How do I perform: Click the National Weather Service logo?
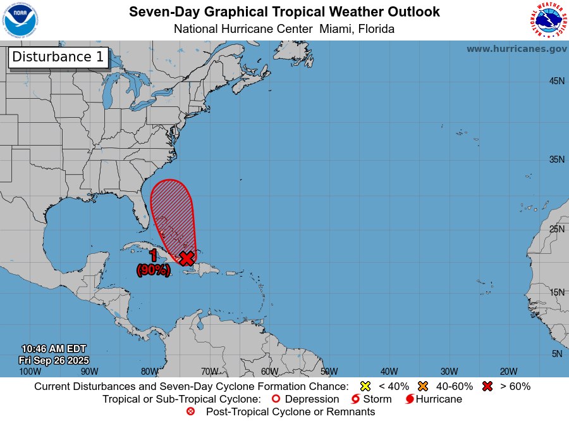[x=548, y=20]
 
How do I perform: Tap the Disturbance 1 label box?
[x=58, y=57]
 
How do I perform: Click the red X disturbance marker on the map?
[x=187, y=258]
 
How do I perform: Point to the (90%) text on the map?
[x=153, y=270]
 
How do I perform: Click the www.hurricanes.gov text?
[x=517, y=49]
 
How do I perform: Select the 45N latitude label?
[x=556, y=81]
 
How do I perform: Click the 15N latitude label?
[x=556, y=292]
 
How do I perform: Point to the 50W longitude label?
[x=329, y=372]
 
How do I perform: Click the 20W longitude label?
[x=509, y=372]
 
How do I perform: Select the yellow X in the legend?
[x=365, y=386]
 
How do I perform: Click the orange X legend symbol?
[x=423, y=386]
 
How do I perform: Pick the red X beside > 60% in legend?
[x=487, y=386]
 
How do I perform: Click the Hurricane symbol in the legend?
[x=410, y=399]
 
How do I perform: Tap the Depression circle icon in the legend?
[x=275, y=399]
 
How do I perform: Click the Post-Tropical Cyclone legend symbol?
[x=191, y=412]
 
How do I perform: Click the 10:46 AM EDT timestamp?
[x=54, y=349]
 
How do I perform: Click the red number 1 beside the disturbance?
[x=153, y=256]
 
